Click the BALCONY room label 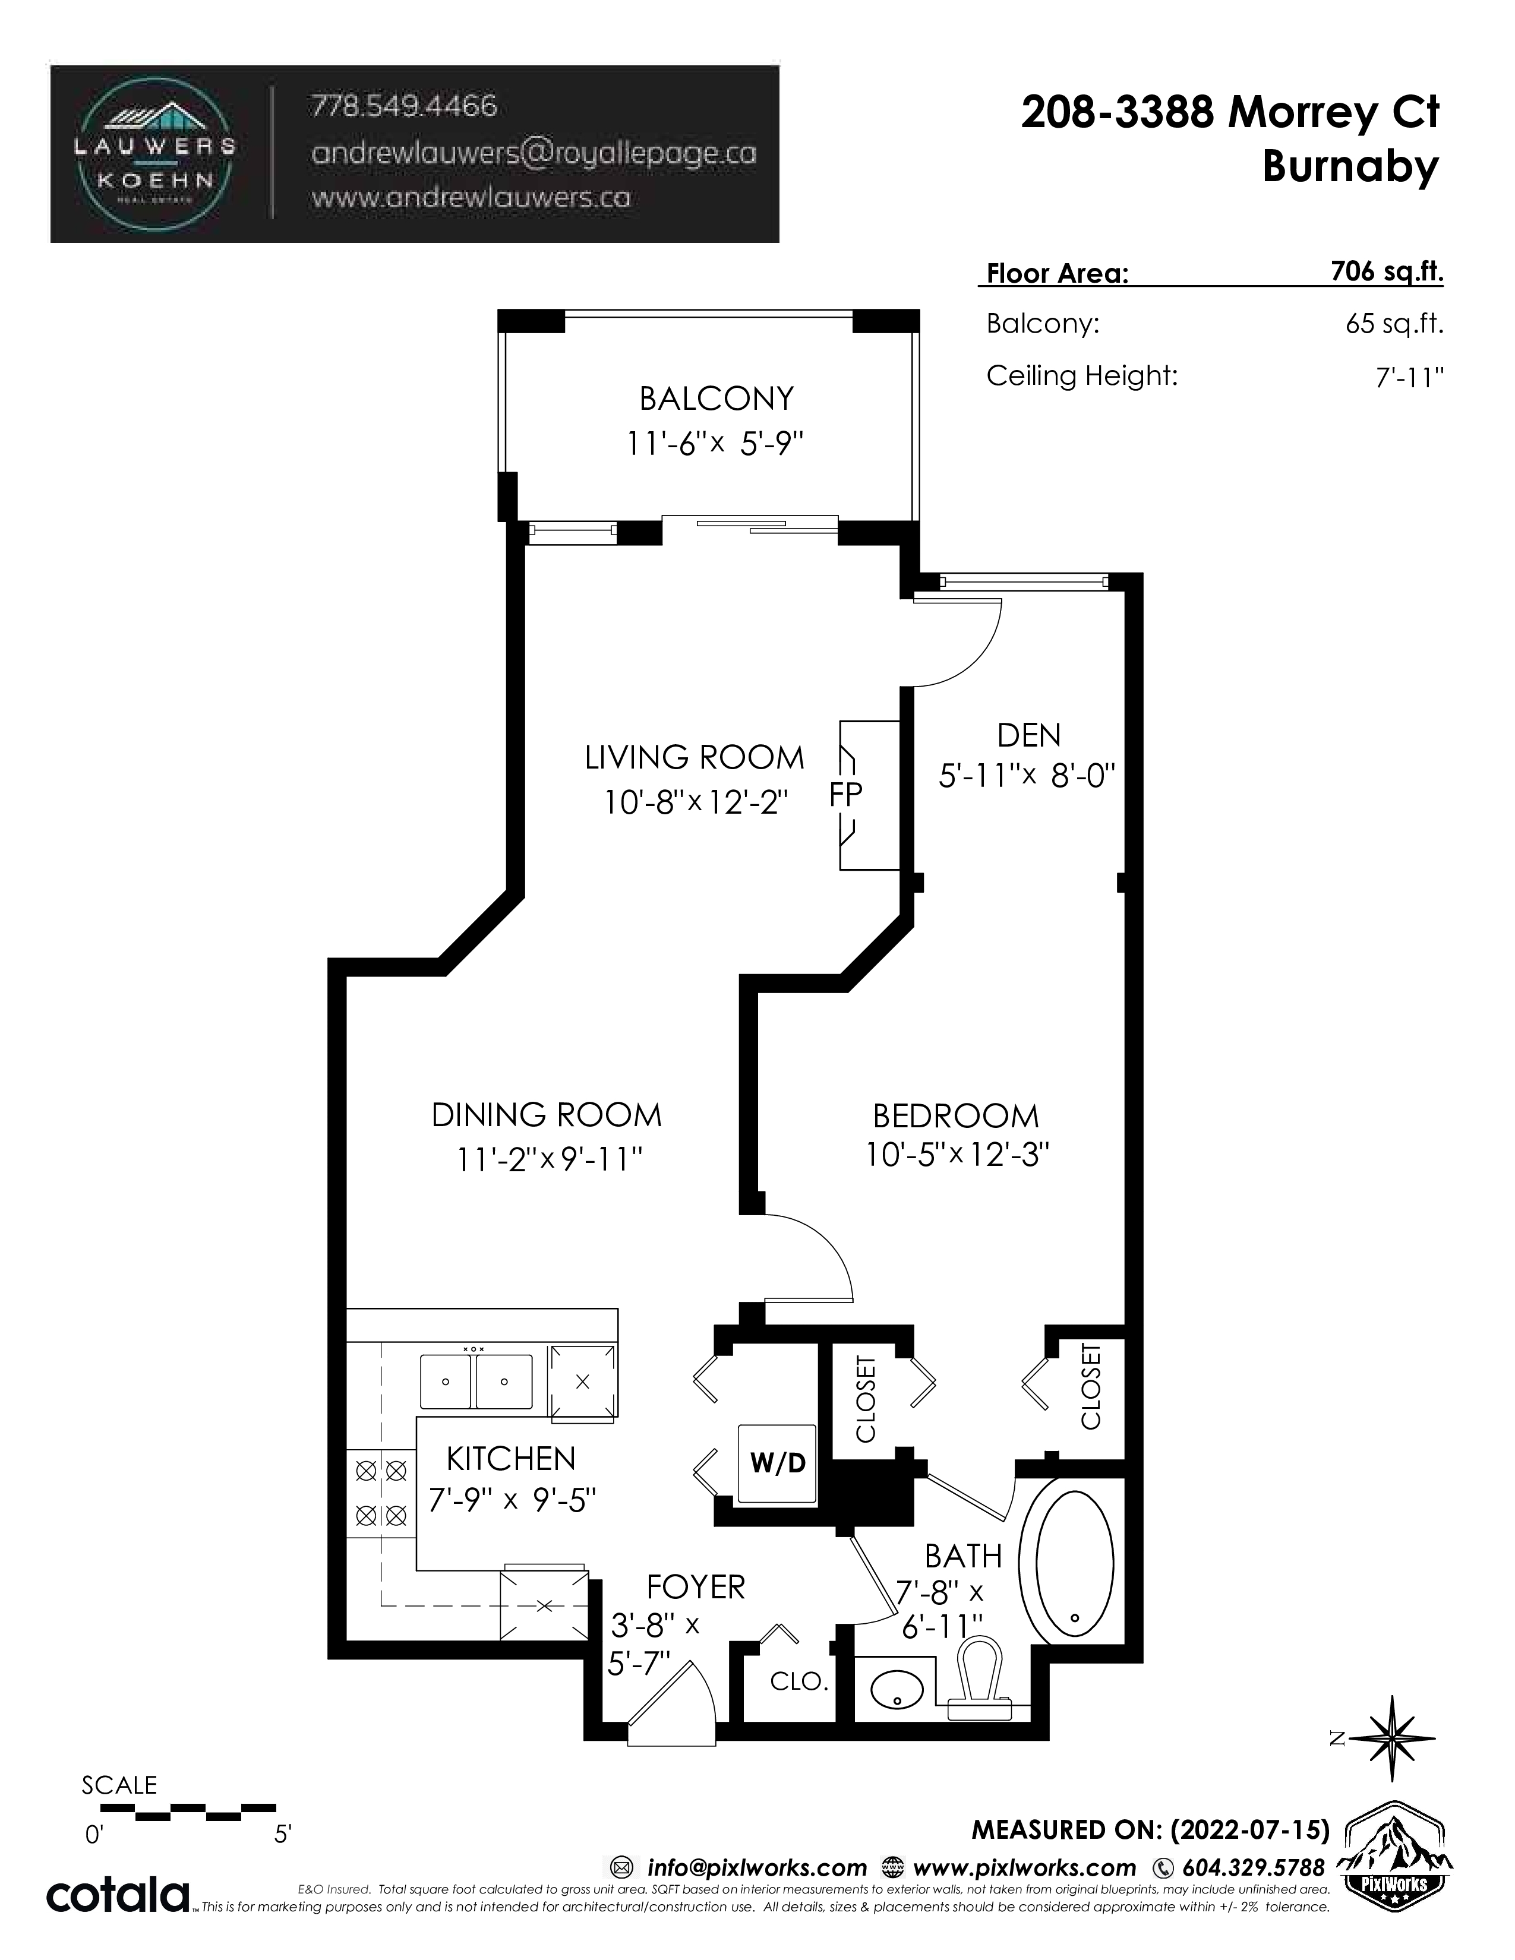click(717, 397)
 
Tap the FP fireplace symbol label click(845, 794)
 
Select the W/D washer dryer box click(777, 1463)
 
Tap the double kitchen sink click(476, 1382)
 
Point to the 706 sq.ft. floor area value click(1387, 271)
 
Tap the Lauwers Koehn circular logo click(155, 154)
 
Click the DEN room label click(1028, 735)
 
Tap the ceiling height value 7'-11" click(1409, 378)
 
